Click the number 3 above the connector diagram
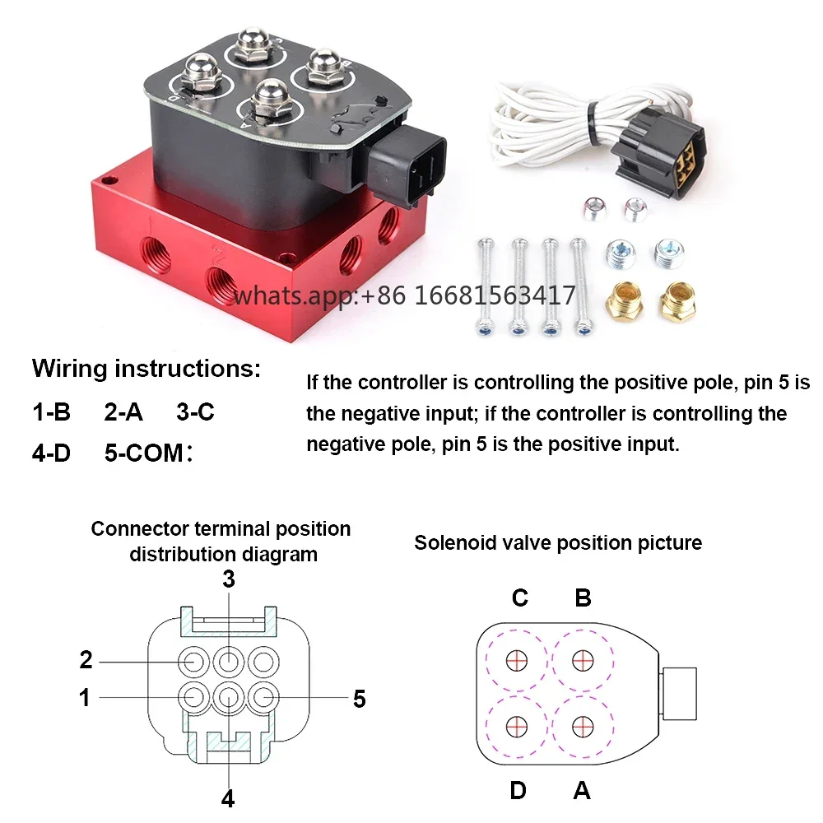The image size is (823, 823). point(228,579)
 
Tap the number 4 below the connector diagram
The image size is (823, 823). point(228,799)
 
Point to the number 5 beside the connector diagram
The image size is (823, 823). point(359,699)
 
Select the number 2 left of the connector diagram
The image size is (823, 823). point(86,660)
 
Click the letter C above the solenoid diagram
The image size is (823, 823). point(519,597)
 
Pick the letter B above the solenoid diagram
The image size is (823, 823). point(584,597)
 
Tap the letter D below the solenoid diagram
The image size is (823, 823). point(518,790)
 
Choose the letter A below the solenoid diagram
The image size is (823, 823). point(582,790)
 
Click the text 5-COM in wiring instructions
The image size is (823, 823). point(144,453)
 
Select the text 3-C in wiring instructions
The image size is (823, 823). point(195,412)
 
